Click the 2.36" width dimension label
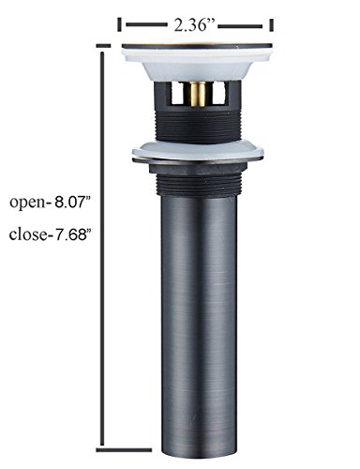click(x=191, y=25)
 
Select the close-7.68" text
click(x=48, y=234)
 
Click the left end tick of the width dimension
click(x=119, y=25)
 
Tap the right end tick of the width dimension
click(x=272, y=25)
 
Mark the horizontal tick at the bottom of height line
click(x=124, y=450)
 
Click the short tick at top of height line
click(x=104, y=46)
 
